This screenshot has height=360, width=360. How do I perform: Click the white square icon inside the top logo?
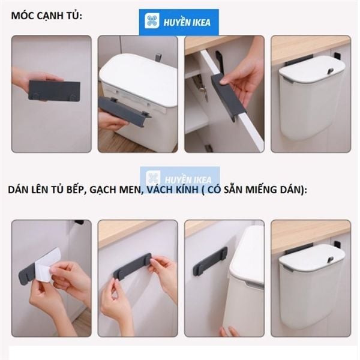(152, 22)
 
